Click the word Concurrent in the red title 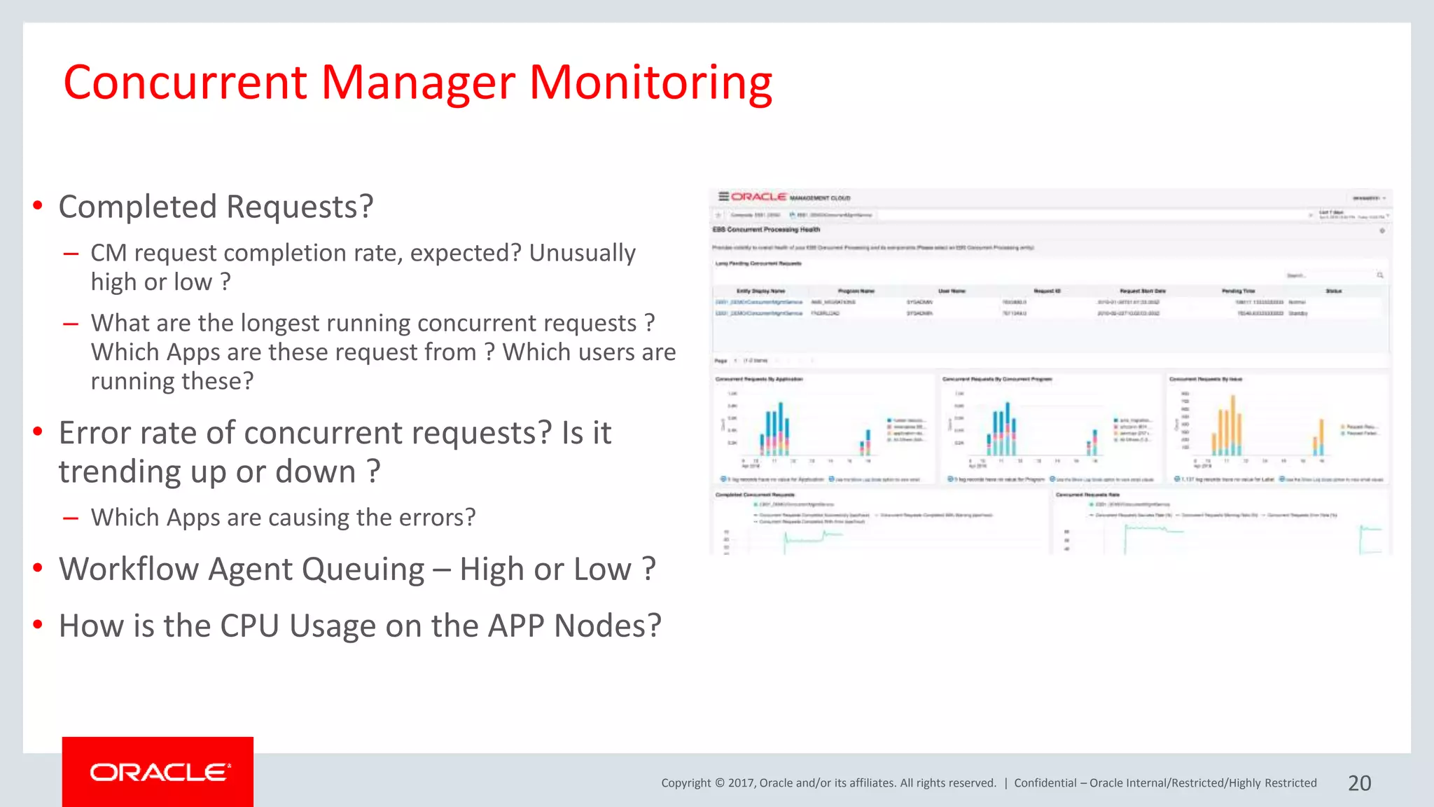click(186, 83)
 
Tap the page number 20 click(1359, 783)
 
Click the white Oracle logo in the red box click(159, 772)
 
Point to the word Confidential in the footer click(1045, 783)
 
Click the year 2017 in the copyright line click(740, 783)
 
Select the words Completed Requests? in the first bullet click(216, 207)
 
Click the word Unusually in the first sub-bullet click(582, 253)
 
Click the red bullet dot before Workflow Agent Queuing click(38, 567)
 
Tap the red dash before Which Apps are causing click(70, 518)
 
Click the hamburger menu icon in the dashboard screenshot click(723, 197)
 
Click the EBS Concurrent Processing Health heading click(766, 229)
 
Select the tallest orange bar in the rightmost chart click(1233, 425)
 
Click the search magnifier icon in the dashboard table click(1380, 275)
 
